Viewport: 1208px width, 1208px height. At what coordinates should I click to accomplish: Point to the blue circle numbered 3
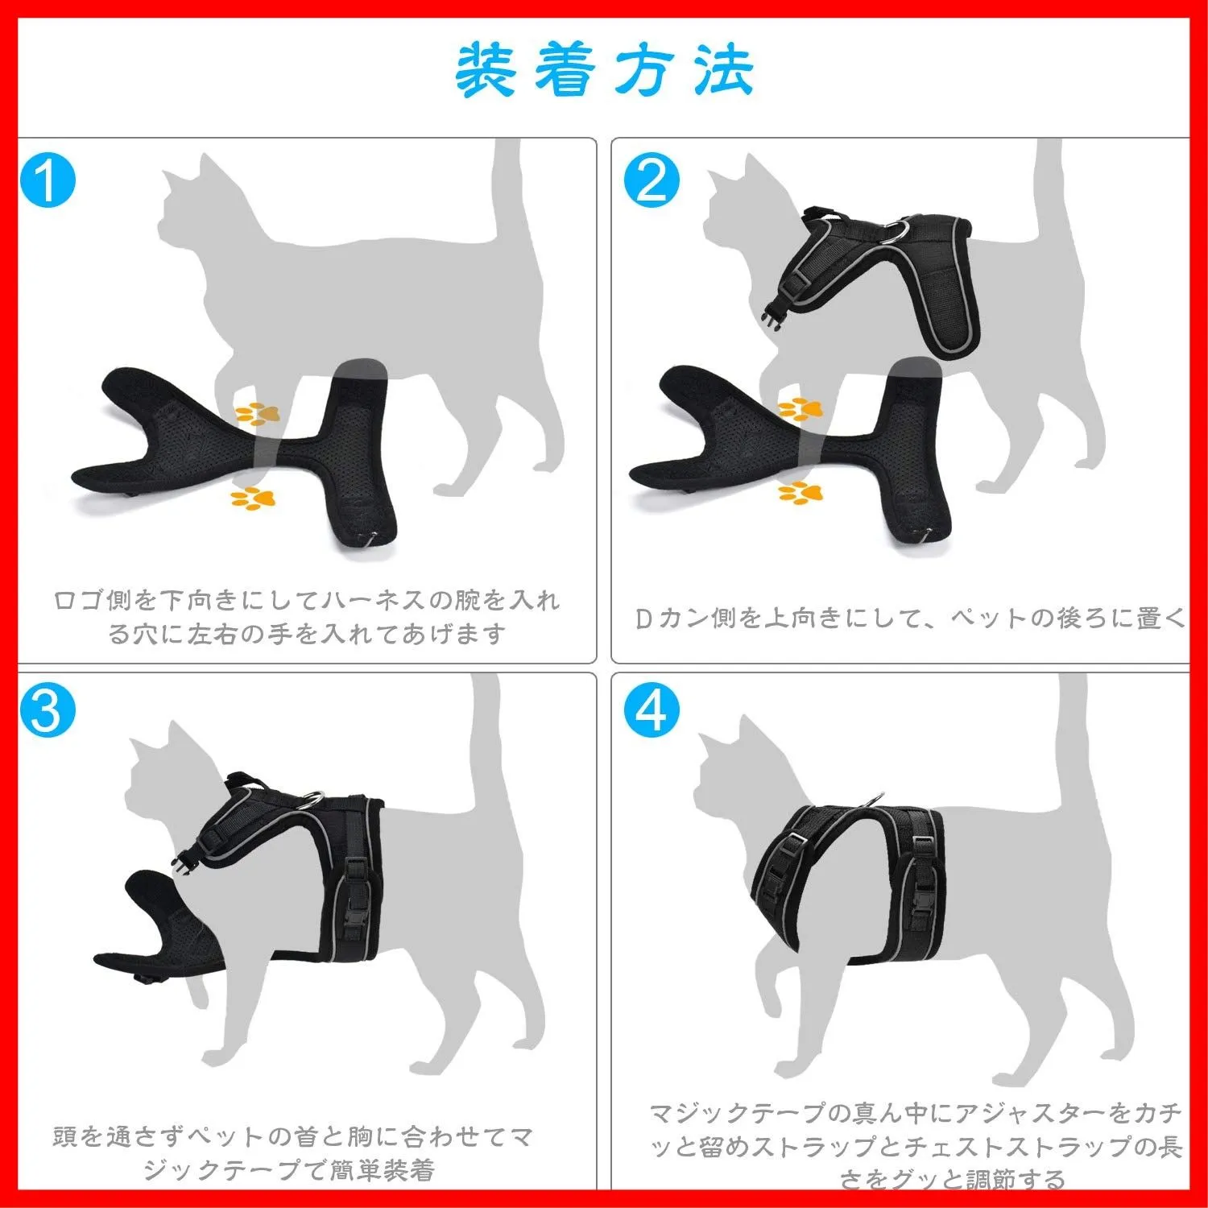48,709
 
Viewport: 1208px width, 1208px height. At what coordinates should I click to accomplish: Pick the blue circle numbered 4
652,709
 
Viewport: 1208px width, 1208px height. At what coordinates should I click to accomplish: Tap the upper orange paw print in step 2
801,409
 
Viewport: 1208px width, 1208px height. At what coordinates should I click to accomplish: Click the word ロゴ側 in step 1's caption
93,601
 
